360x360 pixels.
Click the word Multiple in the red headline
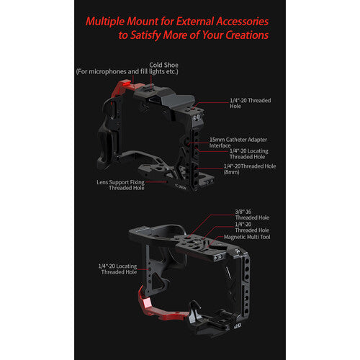tap(105, 22)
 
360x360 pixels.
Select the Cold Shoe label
tap(163, 65)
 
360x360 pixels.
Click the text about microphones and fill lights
tap(127, 71)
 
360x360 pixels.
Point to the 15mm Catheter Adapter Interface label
tap(238, 143)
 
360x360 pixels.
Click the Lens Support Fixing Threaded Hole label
tap(120, 185)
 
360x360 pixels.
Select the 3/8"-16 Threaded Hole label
tap(252, 215)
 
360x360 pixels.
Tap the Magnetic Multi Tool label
tap(247, 237)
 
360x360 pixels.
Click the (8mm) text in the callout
tap(231, 172)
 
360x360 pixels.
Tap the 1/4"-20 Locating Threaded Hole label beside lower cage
tap(117, 269)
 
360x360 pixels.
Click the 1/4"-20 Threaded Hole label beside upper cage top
tap(251, 103)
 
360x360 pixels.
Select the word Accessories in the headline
tap(242, 22)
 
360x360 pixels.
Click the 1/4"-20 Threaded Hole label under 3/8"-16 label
tap(252, 227)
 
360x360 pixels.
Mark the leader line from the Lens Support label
tap(156, 182)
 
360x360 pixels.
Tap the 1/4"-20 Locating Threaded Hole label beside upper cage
tap(249, 154)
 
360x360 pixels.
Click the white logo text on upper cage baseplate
tap(181, 186)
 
